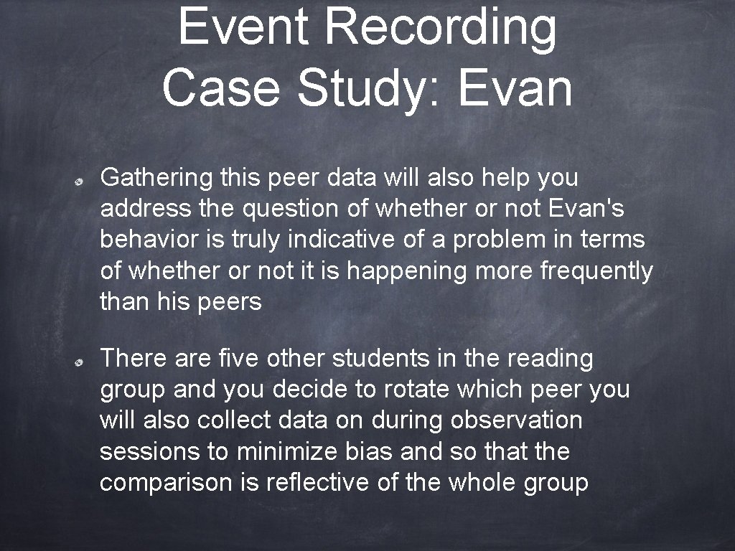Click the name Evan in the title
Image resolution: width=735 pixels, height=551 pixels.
(x=515, y=88)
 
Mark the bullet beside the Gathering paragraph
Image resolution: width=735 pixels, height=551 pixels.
(x=83, y=182)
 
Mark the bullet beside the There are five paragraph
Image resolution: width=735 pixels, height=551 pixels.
(x=83, y=362)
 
